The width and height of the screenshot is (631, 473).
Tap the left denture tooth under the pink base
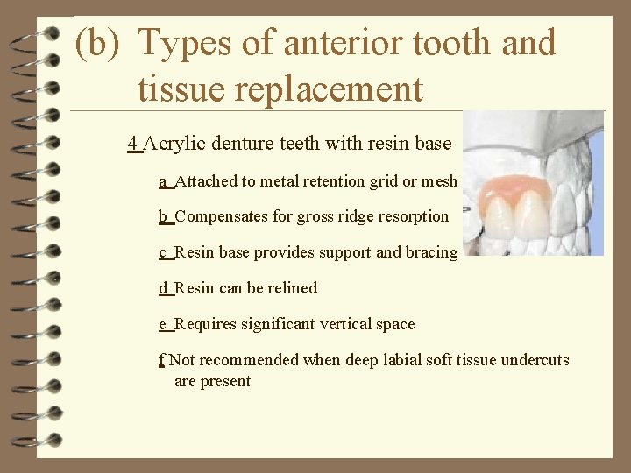pos(503,219)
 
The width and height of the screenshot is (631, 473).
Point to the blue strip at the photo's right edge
pos(596,184)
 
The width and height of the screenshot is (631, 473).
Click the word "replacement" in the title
pos(280,89)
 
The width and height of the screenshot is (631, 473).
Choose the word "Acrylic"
pos(174,144)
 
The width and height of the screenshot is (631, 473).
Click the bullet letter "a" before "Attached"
pos(163,181)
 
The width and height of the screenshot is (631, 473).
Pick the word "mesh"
pos(439,181)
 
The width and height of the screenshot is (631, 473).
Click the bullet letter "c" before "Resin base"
pos(163,252)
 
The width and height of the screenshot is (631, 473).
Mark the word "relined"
pos(292,288)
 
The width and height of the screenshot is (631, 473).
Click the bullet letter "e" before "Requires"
pos(163,324)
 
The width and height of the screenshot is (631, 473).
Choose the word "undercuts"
pos(535,360)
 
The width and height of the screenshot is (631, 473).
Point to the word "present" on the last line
pos(226,381)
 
